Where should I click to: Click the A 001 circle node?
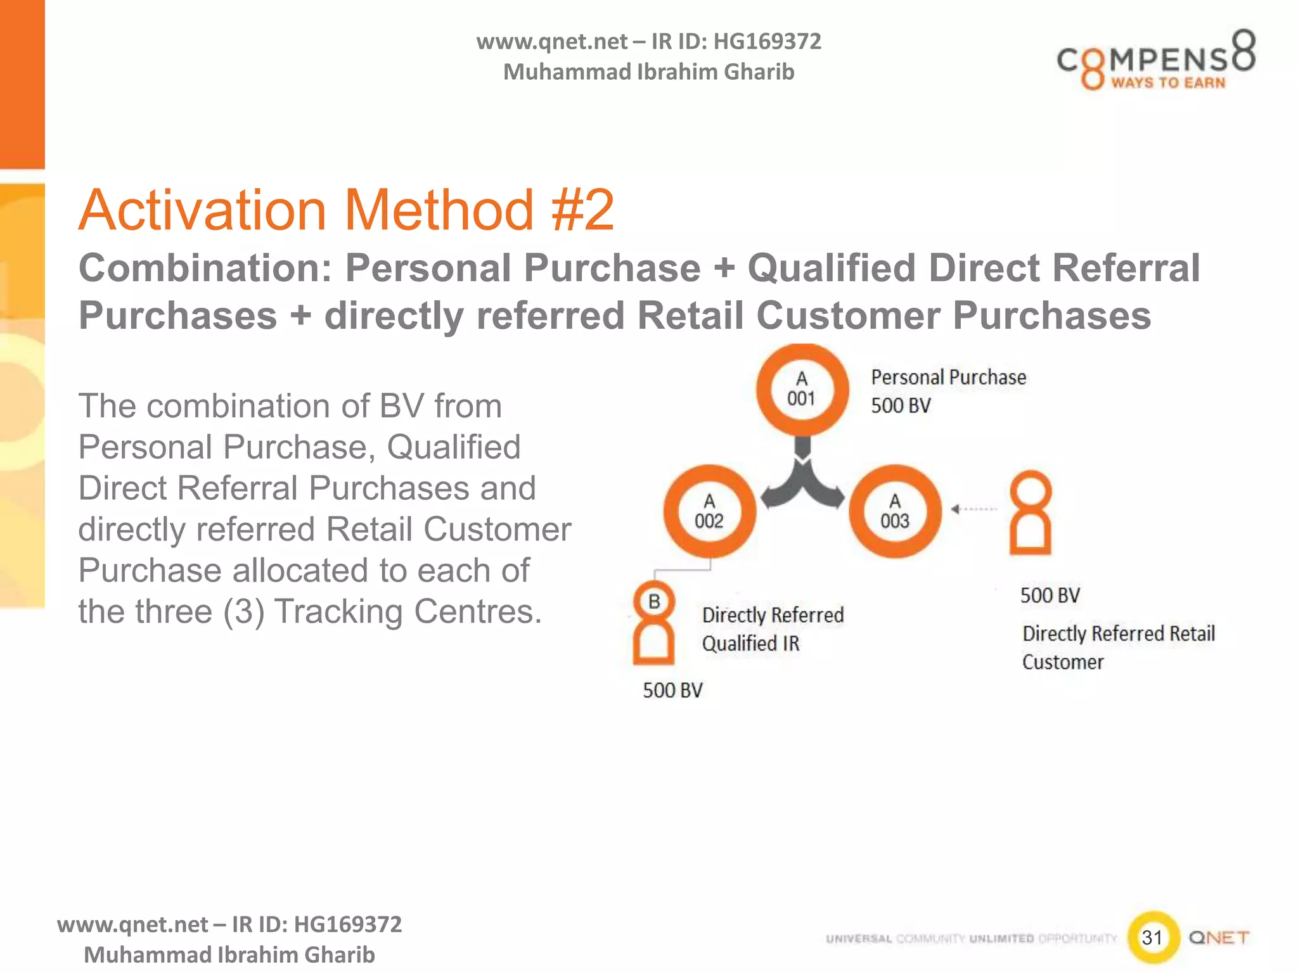click(802, 389)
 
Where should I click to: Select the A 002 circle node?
click(709, 511)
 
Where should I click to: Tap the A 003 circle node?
click(895, 511)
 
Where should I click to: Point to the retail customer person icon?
click(1030, 512)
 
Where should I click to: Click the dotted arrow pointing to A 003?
click(974, 509)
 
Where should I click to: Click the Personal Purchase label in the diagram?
click(948, 378)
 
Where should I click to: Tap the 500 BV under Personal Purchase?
click(901, 405)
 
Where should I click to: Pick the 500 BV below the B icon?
click(672, 690)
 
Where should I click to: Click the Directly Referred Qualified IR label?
click(773, 629)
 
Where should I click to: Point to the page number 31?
click(1152, 937)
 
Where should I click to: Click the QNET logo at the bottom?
click(1218, 938)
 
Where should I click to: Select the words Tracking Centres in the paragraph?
click(408, 612)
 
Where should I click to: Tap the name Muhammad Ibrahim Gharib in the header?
click(648, 72)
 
